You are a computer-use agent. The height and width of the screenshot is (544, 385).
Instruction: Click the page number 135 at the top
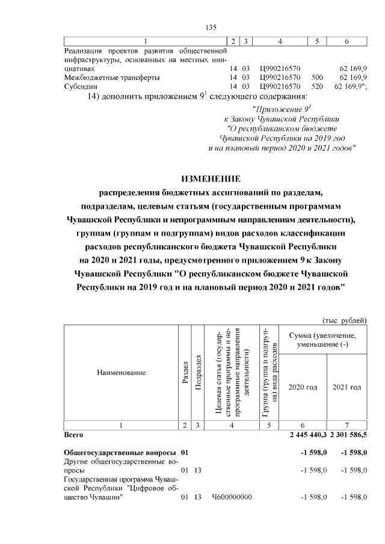pos(211,28)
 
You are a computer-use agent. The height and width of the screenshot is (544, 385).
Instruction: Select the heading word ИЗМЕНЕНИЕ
pos(211,179)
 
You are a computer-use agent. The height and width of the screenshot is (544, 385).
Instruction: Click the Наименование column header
pos(121,373)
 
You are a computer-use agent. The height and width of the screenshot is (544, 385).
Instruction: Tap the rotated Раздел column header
pos(185,373)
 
